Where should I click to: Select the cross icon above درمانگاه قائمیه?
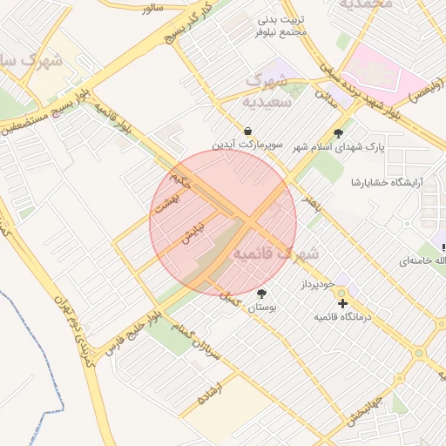click(x=343, y=304)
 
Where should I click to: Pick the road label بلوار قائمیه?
click(x=115, y=120)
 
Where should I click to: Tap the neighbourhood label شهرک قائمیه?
click(x=277, y=254)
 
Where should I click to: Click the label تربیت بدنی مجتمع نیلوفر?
click(x=284, y=25)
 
